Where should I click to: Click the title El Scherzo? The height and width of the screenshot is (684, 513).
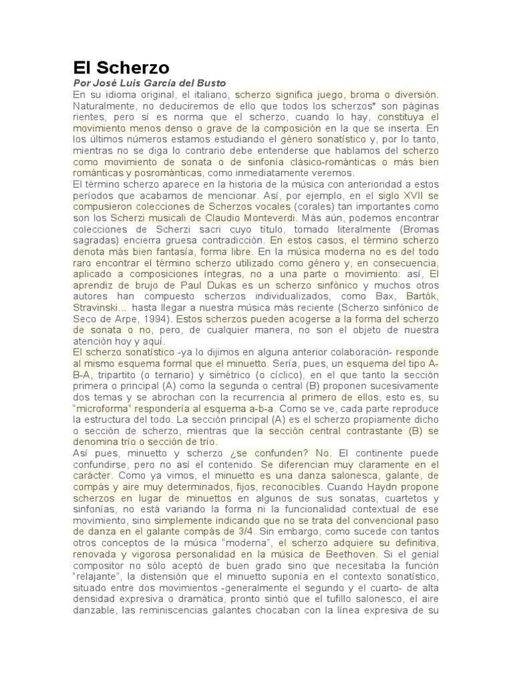tap(121, 67)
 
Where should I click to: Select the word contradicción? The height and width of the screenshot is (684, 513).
tap(226, 256)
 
